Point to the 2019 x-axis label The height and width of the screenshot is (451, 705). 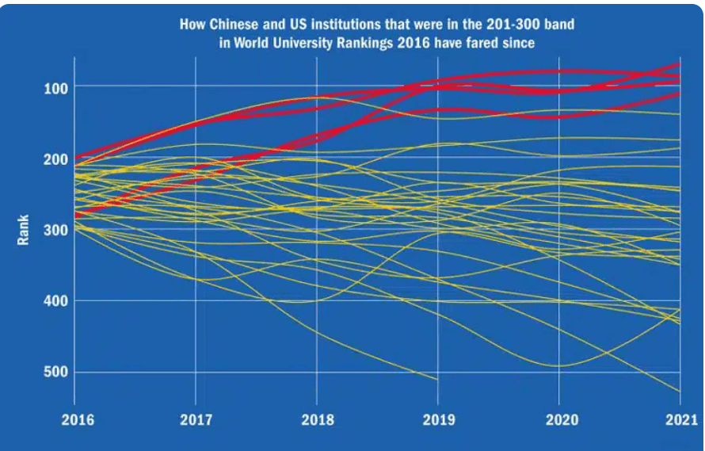click(x=437, y=420)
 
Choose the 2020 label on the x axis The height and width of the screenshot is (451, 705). click(x=558, y=420)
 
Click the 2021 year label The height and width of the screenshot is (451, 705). click(x=680, y=420)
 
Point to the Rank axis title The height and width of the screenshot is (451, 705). click(x=23, y=230)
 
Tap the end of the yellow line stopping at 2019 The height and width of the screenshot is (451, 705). click(x=437, y=379)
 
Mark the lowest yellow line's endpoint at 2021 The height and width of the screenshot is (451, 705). click(x=680, y=392)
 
